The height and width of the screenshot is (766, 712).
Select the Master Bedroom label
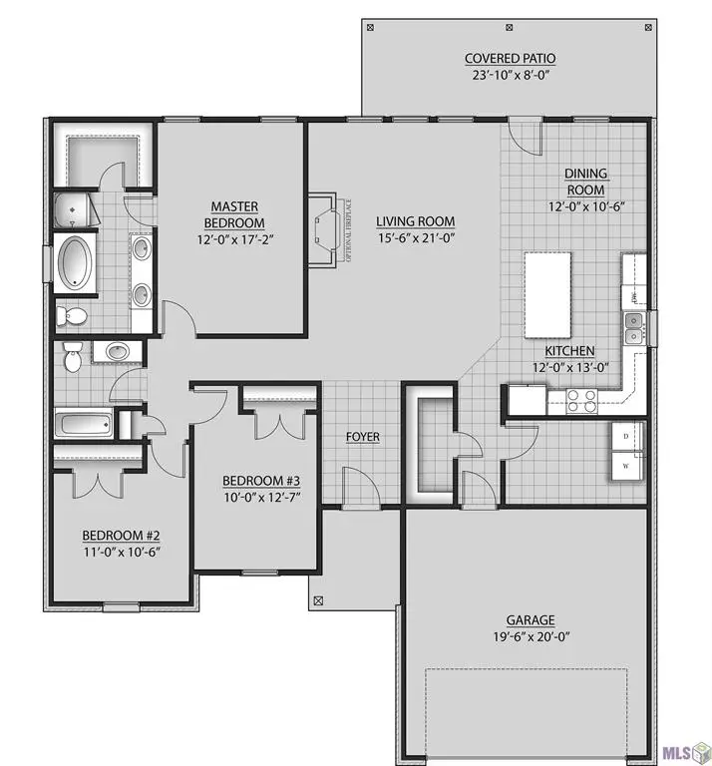click(234, 214)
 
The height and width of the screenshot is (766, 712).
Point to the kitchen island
click(547, 295)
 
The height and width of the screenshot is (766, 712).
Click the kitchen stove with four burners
click(580, 399)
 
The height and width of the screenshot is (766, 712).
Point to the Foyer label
click(362, 437)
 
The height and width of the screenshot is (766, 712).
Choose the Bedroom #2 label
click(121, 534)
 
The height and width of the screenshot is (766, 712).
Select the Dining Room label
click(586, 181)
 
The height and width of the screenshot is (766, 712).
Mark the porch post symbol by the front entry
click(318, 601)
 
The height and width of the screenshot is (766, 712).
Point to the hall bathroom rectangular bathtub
click(83, 424)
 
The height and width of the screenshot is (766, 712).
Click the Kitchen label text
click(569, 351)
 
